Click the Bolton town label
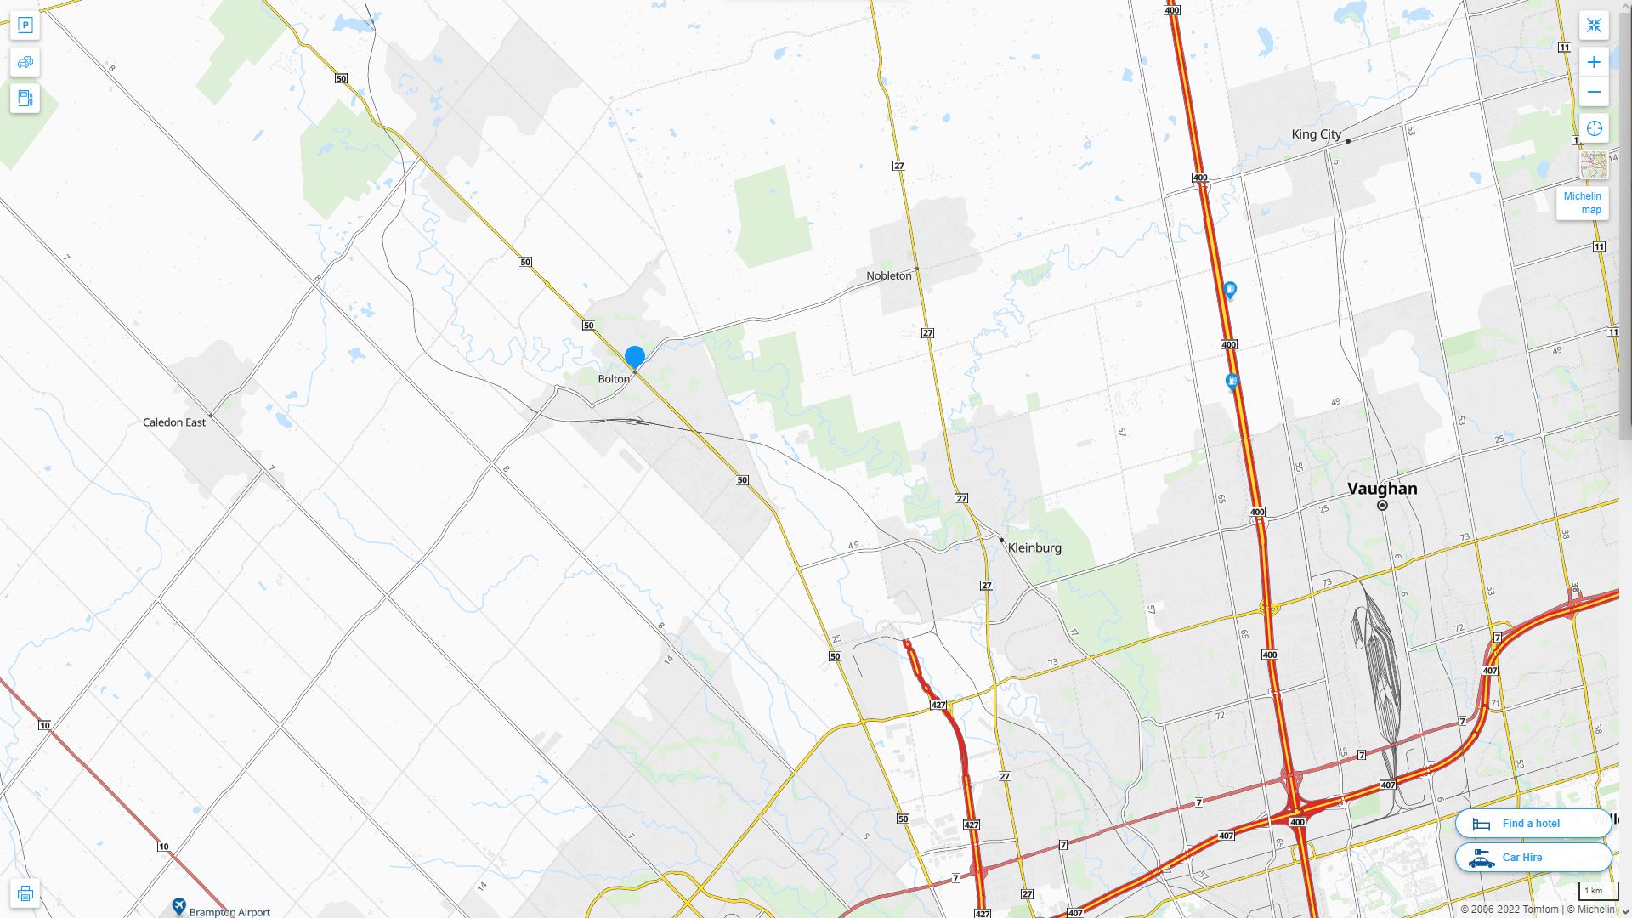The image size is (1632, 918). [x=614, y=379]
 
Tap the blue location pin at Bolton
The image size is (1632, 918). [x=635, y=357]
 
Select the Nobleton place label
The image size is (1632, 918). [x=888, y=275]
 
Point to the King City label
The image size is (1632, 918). [x=1316, y=134]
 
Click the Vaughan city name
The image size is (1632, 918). [x=1382, y=489]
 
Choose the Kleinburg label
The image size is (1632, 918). [x=1034, y=548]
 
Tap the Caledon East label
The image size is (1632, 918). [x=174, y=422]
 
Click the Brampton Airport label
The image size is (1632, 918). [x=229, y=912]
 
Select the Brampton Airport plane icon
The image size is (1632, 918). [x=178, y=906]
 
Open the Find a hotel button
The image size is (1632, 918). [x=1533, y=824]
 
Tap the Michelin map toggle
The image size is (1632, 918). [x=1582, y=203]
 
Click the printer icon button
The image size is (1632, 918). [x=25, y=893]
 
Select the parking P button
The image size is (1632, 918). [x=25, y=25]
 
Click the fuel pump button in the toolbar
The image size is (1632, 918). [x=25, y=98]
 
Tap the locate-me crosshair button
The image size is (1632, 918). [x=1594, y=128]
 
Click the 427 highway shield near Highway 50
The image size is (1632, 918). [x=938, y=705]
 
